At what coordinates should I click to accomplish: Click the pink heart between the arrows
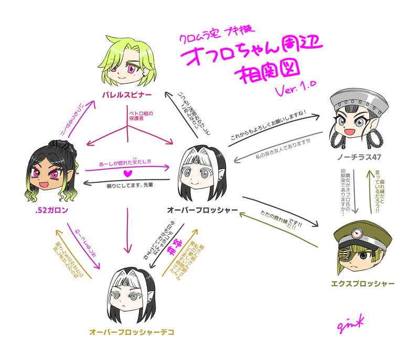click(x=125, y=173)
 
